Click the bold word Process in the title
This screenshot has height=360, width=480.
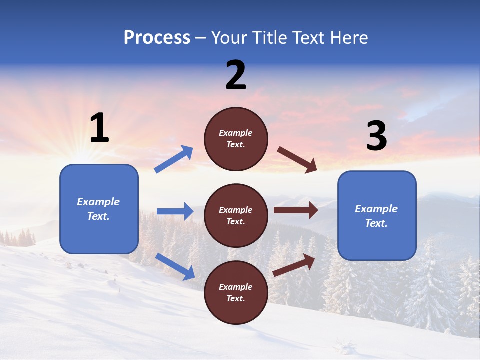(157, 38)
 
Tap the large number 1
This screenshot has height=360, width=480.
(99, 128)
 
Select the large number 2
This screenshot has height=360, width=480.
(236, 75)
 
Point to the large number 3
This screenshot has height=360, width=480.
(376, 136)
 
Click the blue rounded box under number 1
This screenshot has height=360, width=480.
(99, 209)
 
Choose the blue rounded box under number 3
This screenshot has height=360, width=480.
(377, 216)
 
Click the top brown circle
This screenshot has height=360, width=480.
(236, 139)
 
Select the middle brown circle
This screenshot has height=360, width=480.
(236, 216)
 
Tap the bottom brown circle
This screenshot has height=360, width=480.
(236, 293)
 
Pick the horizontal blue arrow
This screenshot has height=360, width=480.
(175, 211)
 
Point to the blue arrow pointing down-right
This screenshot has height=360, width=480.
(175, 266)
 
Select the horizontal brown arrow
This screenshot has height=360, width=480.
(296, 210)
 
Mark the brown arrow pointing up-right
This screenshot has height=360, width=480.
(294, 265)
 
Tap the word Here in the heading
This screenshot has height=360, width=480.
(348, 38)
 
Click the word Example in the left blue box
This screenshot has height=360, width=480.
(98, 202)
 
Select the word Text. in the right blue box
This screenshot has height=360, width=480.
(376, 223)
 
